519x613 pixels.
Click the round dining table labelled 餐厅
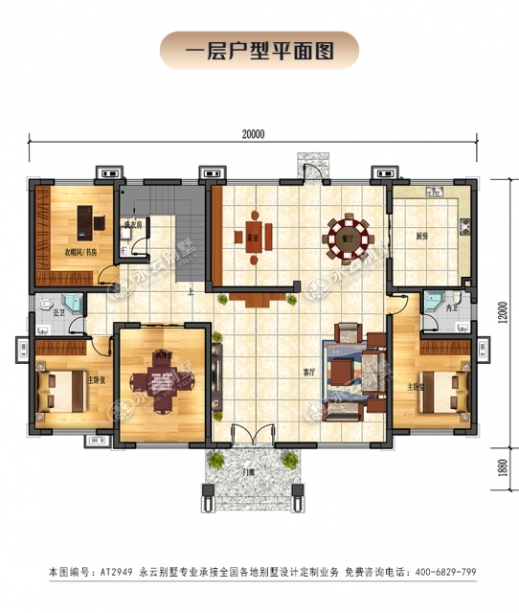[345, 241]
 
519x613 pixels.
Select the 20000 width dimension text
[253, 135]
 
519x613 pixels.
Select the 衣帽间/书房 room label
[80, 253]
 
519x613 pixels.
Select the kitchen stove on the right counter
[465, 228]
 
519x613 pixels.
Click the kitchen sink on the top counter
[432, 190]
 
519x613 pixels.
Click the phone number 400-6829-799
[442, 572]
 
